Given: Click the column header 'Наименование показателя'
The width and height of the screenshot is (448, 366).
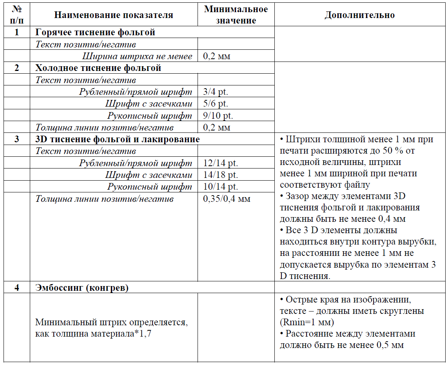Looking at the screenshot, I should click(114, 15).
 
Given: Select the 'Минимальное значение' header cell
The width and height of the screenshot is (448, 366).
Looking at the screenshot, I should click(236, 15).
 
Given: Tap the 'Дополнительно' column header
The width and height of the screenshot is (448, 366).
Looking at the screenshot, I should click(359, 15).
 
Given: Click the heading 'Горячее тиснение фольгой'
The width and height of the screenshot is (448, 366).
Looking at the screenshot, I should click(95, 32).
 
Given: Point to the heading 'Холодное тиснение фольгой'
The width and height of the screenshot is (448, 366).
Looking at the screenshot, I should click(98, 68).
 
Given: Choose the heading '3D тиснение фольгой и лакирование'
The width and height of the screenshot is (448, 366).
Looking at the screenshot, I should click(118, 139).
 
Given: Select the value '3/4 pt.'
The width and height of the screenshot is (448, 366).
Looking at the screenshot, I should click(216, 92).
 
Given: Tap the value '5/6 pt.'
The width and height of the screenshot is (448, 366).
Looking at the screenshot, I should click(216, 104).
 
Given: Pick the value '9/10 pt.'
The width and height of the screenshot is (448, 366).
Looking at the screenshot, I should click(218, 116).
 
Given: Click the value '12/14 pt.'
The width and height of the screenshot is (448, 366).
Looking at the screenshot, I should click(220, 163).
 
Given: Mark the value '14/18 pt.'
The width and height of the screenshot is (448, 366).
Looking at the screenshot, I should click(220, 175).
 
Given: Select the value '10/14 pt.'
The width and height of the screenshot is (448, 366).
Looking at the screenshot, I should click(220, 187).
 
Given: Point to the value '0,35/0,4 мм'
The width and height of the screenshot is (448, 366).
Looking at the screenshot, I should click(227, 199).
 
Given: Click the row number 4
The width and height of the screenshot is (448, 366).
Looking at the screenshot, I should click(16, 288).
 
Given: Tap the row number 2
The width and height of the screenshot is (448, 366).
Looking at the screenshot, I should click(16, 68).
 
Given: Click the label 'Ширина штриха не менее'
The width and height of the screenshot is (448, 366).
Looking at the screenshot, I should click(137, 56).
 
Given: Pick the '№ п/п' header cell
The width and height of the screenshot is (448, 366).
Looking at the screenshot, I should click(16, 15).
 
